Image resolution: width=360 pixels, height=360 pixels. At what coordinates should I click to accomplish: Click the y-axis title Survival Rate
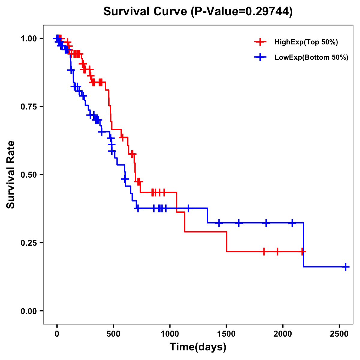pos(11,174)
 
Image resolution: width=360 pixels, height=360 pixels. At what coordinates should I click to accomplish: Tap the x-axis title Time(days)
pos(198,347)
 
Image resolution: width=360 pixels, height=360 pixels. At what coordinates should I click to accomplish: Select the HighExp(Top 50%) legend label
pos(306,42)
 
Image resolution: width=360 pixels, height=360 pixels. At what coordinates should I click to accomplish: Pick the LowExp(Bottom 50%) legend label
pos(311,58)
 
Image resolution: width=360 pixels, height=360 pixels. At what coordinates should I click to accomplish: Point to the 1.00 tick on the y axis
pos(28,38)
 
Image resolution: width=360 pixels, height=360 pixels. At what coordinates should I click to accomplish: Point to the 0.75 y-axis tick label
pos(28,106)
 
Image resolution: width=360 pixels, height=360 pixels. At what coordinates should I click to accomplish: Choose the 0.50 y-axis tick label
pos(28,175)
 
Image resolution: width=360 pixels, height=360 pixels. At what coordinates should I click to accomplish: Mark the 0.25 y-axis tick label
pos(28,243)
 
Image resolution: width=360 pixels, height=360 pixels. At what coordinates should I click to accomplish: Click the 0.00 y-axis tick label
pos(28,311)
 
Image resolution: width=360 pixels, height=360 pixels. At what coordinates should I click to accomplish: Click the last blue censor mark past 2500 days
pos(346,267)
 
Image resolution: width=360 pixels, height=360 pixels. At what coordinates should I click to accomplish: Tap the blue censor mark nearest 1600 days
pos(239,223)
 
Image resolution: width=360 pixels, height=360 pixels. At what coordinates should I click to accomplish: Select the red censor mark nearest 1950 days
pos(277,251)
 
